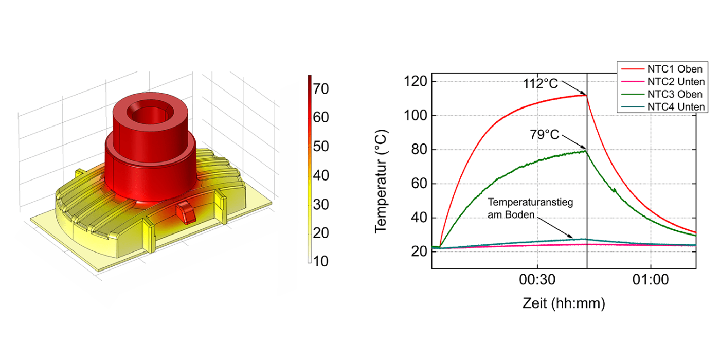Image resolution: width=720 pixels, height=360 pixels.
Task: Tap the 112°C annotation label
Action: tap(540, 84)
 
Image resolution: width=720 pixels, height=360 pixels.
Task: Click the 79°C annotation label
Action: tap(544, 135)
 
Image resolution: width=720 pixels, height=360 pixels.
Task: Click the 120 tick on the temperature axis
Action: tap(416, 82)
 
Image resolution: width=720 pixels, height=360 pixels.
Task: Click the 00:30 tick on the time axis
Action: tap(537, 281)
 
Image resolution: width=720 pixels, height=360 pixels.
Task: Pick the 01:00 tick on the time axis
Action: tap(651, 281)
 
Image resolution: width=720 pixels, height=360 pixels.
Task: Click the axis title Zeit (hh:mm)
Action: tap(563, 303)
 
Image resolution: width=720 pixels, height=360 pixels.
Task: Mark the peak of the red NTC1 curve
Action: tap(586, 95)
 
